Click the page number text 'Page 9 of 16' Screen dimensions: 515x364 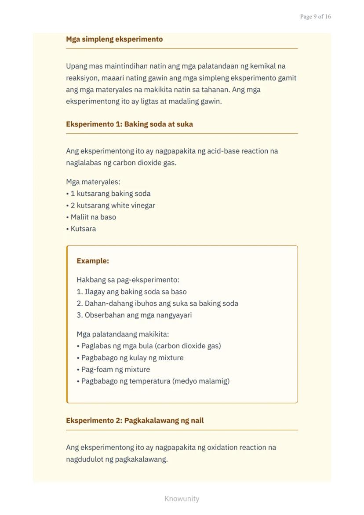click(315, 17)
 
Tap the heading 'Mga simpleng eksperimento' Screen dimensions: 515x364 click(114, 39)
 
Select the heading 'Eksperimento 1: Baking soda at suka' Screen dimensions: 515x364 click(129, 124)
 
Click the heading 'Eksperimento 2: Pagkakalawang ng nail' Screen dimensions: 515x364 click(135, 420)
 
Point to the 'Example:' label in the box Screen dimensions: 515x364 click(93, 261)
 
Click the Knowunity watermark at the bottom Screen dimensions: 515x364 click(182, 499)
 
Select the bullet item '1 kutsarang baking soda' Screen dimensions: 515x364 click(110, 194)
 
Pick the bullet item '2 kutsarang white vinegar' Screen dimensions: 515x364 click(113, 205)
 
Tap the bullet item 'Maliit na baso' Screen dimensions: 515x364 click(93, 217)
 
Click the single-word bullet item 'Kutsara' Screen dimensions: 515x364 click(83, 229)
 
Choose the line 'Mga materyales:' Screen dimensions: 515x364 click(93, 182)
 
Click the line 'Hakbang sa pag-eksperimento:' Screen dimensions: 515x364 click(128, 280)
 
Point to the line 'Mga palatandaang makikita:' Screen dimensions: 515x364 click(123, 334)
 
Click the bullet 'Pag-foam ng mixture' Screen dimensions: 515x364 click(115, 369)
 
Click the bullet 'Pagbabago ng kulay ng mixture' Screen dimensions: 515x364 click(132, 358)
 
